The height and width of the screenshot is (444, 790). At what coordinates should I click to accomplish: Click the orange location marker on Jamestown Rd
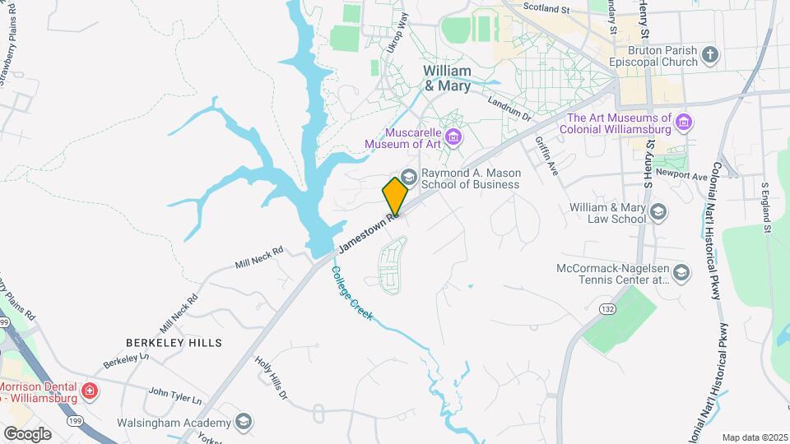tap(395, 194)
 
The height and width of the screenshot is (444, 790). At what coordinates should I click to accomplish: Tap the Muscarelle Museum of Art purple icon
tap(453, 136)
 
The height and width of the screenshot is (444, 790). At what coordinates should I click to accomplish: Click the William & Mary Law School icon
tap(658, 213)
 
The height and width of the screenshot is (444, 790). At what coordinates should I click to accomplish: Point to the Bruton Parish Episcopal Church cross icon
tap(710, 55)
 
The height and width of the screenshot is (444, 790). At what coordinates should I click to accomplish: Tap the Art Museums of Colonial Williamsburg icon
tap(682, 123)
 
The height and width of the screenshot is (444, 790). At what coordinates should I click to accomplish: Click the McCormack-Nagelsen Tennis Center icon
tap(681, 272)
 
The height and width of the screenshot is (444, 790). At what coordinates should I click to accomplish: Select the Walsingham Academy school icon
tap(243, 422)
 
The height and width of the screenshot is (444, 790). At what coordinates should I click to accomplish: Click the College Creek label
tap(355, 295)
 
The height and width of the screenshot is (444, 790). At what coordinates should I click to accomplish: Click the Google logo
tap(27, 433)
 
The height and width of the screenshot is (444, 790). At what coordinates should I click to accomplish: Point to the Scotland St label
tap(547, 9)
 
